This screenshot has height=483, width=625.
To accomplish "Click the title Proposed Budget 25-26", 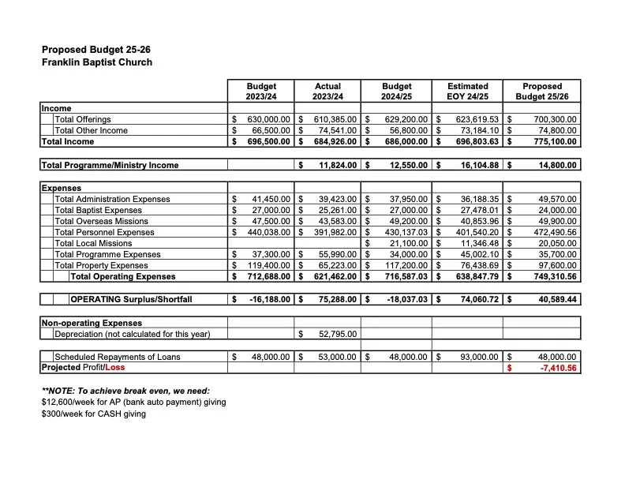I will (x=96, y=50).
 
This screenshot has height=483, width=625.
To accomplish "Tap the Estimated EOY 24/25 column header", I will (x=467, y=91).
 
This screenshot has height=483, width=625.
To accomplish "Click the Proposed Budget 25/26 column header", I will (x=542, y=91).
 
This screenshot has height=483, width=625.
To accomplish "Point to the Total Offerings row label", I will (x=83, y=120).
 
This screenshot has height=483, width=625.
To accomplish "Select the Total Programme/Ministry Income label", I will (x=110, y=165).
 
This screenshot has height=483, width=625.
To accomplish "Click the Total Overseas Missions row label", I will (x=101, y=221).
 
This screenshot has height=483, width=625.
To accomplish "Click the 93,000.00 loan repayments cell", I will (x=479, y=357).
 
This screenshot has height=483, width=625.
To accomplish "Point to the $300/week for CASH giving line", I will (x=93, y=414).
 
